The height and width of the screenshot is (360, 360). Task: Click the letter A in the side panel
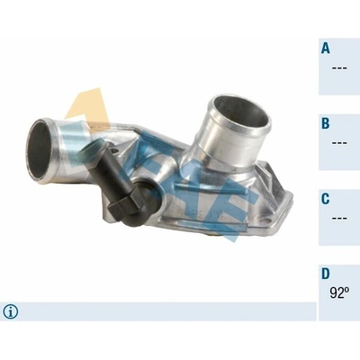pos(326,48)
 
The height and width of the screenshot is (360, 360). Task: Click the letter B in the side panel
pos(326,123)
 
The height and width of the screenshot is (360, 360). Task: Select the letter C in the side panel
pos(326,199)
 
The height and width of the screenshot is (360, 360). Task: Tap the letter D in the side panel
pos(326,274)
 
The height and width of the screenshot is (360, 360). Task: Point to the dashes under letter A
pos(339,68)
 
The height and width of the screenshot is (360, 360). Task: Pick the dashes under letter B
pos(339,143)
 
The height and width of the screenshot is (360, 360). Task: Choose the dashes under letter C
pos(339,218)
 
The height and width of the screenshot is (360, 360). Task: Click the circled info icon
pos(11,312)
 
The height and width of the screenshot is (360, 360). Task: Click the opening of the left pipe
pos(40,150)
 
